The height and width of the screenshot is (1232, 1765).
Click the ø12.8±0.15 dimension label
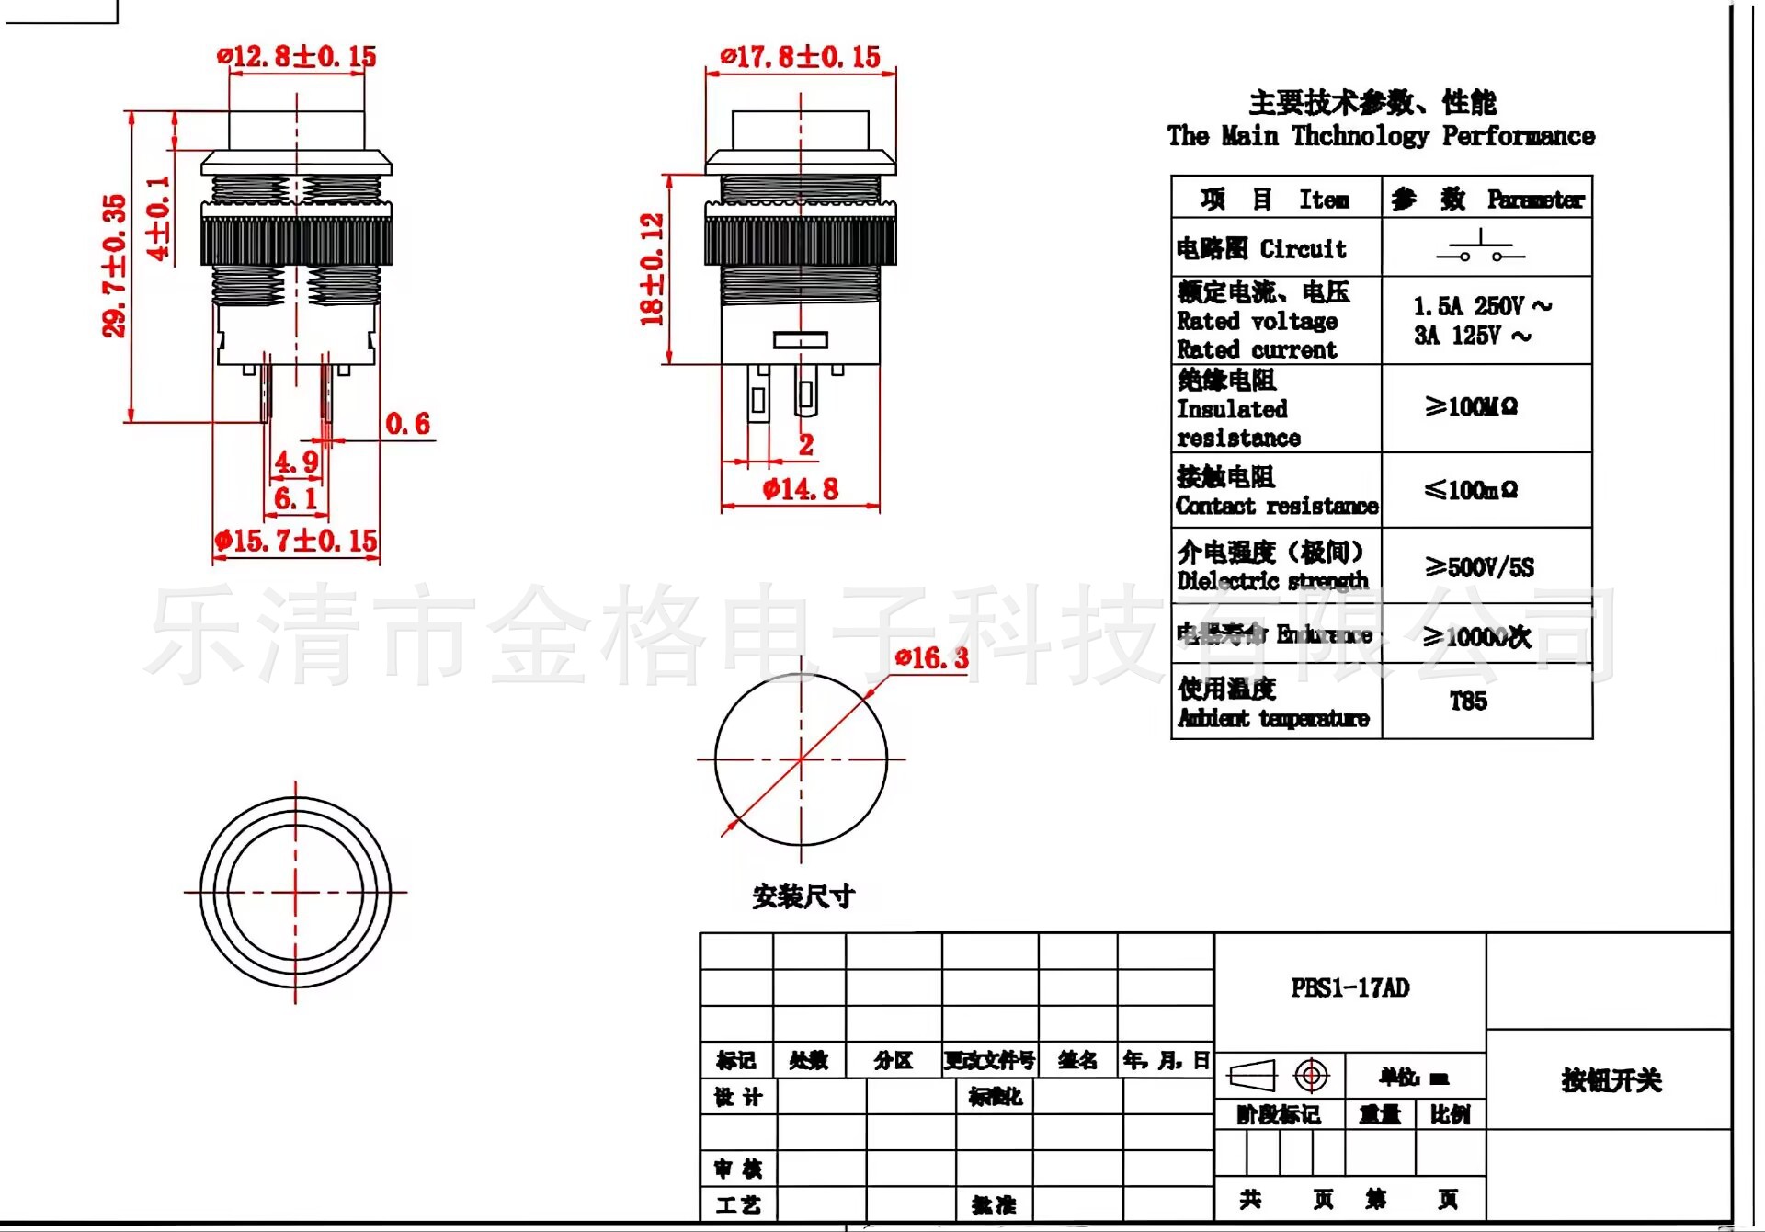pos(297,57)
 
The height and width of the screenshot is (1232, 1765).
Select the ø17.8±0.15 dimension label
pos(801,57)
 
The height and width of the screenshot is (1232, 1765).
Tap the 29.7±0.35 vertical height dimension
pos(115,266)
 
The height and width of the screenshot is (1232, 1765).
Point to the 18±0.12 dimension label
pos(652,269)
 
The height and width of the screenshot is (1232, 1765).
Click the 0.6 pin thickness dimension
pos(407,424)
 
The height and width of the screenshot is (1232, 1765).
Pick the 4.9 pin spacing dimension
pos(296,462)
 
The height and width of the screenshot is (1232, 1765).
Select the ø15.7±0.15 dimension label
pos(296,541)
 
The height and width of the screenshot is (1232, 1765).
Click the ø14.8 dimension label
pos(801,489)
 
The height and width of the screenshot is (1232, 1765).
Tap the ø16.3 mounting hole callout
pos(932,658)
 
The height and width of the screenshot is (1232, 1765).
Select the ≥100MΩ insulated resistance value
pos(1471,406)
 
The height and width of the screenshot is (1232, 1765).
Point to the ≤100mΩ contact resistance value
pos(1471,490)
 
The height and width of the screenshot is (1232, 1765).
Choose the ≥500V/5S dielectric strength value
pos(1479,567)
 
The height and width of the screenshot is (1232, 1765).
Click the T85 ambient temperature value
pos(1468,702)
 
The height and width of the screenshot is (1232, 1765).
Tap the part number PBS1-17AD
pos(1349,988)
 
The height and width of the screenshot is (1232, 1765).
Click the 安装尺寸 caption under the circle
pos(803,896)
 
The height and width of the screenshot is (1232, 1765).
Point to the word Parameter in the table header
pos(1535,200)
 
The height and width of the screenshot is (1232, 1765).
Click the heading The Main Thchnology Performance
pos(1381,136)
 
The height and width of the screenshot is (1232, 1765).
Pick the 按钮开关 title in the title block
pos(1611,1080)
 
